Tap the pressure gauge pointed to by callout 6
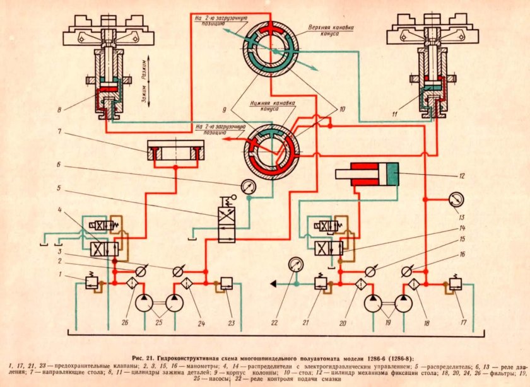point(249,187)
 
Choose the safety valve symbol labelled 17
point(456,284)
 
